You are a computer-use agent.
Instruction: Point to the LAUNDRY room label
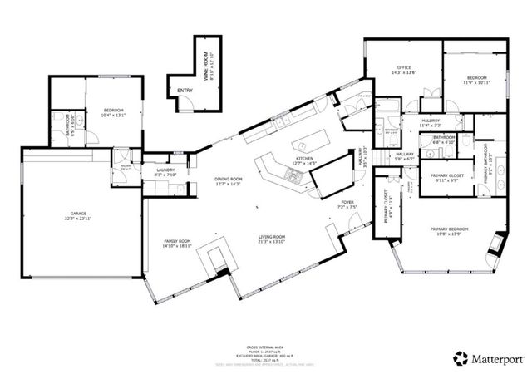(x=165, y=170)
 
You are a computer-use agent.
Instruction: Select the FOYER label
(x=347, y=200)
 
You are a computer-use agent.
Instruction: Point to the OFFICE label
(x=404, y=67)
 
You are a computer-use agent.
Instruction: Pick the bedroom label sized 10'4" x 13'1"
(x=113, y=110)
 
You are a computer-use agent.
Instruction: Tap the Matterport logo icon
(x=459, y=358)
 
